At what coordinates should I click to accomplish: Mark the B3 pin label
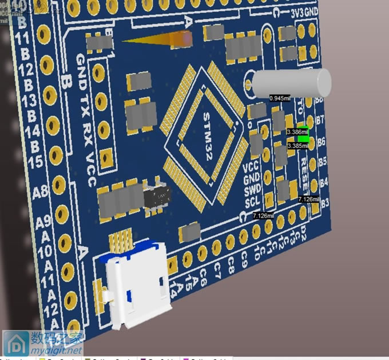(326, 203)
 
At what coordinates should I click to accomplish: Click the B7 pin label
(320, 121)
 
